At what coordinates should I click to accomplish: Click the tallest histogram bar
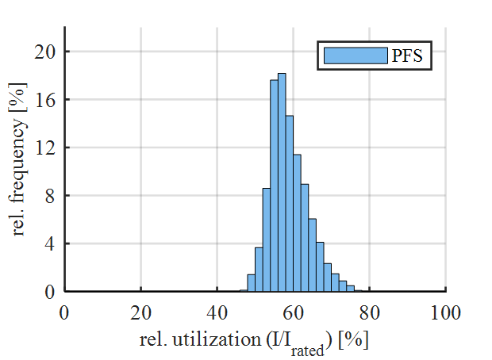click(282, 182)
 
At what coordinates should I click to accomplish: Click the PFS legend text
click(406, 56)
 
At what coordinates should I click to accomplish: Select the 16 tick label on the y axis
click(47, 100)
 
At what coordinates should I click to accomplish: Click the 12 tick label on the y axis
click(47, 147)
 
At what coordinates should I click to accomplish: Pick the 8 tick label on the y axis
click(51, 196)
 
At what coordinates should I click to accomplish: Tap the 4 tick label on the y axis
click(51, 243)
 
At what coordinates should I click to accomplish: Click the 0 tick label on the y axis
click(51, 292)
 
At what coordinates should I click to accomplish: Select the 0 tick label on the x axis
click(65, 312)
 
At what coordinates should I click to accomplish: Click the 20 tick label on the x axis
click(141, 312)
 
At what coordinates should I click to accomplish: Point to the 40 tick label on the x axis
click(217, 312)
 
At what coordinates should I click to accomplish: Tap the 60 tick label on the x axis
click(294, 312)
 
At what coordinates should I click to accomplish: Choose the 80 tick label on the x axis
click(370, 312)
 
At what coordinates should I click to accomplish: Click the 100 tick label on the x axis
click(446, 312)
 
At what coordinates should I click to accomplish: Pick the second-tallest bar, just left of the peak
click(274, 186)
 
